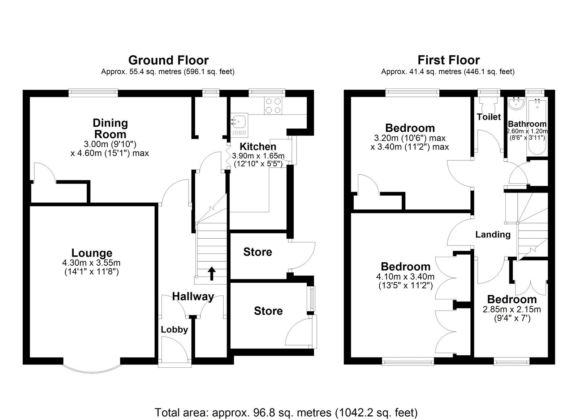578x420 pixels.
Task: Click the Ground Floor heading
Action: click(x=168, y=60)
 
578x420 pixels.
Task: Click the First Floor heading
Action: click(x=449, y=60)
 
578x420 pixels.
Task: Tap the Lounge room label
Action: click(x=92, y=253)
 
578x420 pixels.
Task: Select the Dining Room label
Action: click(x=110, y=129)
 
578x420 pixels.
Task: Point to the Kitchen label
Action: click(x=258, y=147)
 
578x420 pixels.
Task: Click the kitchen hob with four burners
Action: click(x=273, y=105)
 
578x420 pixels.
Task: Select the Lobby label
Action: click(x=174, y=329)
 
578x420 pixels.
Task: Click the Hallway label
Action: click(x=193, y=296)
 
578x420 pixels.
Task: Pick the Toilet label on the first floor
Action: click(x=489, y=117)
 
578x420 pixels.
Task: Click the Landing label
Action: click(x=493, y=235)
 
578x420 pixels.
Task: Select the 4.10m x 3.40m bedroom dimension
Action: click(x=405, y=277)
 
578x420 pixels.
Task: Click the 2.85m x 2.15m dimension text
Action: click(x=512, y=309)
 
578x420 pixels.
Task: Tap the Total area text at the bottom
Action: click(x=286, y=412)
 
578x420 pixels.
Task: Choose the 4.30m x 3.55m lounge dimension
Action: click(x=92, y=263)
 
